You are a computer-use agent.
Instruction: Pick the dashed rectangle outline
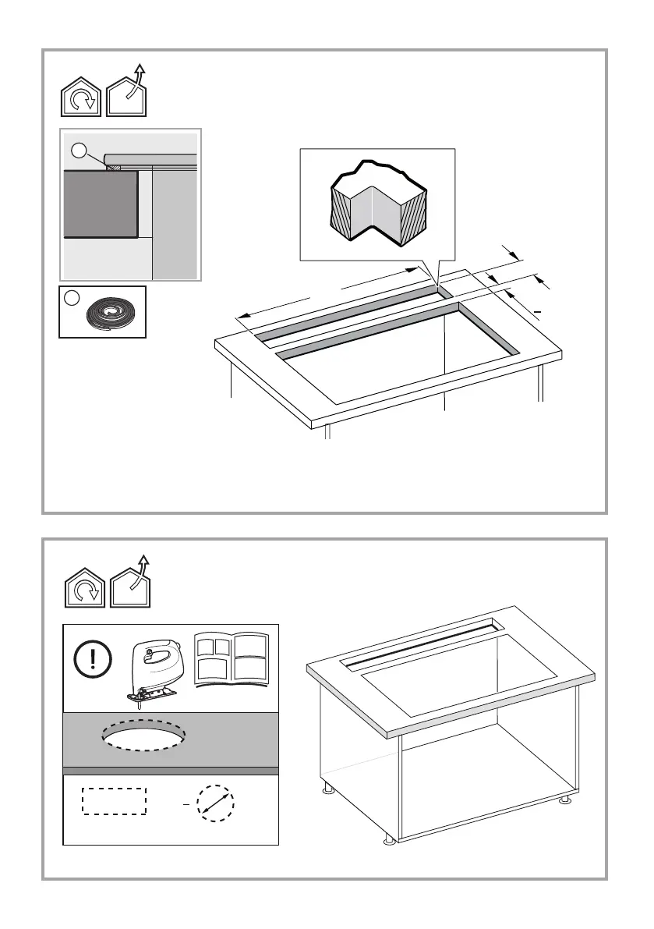(115, 801)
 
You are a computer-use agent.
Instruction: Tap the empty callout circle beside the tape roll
(71, 298)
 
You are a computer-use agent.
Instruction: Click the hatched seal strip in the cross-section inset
(114, 166)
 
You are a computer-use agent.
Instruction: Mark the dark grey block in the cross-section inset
(100, 204)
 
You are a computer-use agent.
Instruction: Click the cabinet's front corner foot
(389, 839)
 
